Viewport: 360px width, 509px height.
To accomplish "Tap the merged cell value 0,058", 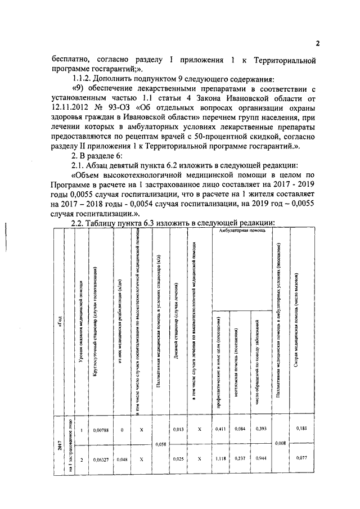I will [161, 444].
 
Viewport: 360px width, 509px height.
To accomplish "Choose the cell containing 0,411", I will [220, 430].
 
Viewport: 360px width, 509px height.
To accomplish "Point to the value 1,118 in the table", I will [220, 460].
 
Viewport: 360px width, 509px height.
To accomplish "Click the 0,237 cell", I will [241, 460].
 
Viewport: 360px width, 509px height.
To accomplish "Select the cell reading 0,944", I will [261, 460].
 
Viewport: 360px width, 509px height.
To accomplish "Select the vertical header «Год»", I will [58, 321].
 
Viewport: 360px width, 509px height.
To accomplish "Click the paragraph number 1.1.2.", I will [82, 79].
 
